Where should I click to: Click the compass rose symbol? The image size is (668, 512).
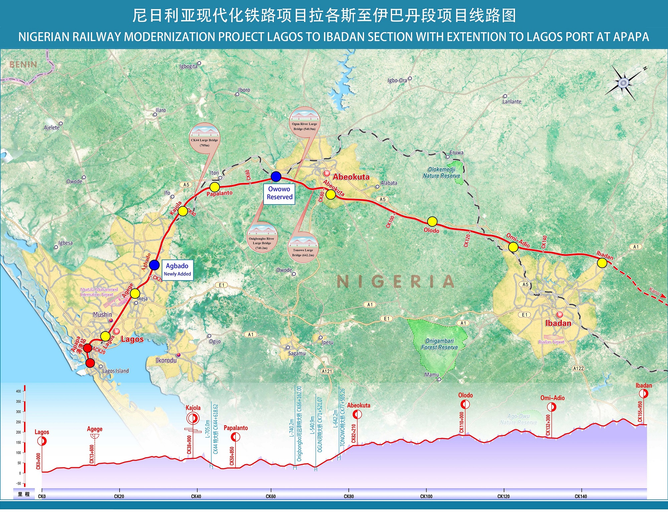[623, 83]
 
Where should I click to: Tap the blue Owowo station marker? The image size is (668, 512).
[276, 176]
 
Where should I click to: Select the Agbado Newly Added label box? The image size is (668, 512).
[177, 269]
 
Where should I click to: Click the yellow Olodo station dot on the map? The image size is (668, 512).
[432, 221]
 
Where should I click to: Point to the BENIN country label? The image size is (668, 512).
[23, 65]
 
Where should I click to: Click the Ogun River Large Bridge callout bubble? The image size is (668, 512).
[304, 122]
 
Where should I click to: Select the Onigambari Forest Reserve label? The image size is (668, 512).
[439, 344]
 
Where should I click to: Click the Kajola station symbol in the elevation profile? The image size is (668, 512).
[193, 418]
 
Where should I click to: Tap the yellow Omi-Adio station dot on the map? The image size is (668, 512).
[513, 247]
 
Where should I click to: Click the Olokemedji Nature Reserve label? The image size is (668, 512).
[442, 173]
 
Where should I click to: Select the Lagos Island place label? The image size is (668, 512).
[115, 371]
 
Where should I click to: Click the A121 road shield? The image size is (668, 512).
[327, 371]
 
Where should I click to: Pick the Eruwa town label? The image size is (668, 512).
[456, 152]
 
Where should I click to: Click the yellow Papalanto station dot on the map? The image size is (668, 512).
[214, 187]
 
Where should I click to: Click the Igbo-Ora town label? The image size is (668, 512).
[397, 80]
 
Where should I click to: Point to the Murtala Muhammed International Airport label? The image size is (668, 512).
[99, 292]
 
